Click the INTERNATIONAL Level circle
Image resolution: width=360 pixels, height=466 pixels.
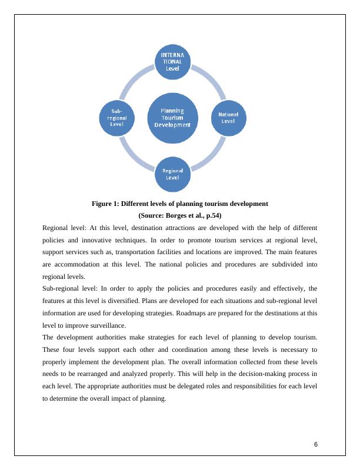click(x=172, y=61)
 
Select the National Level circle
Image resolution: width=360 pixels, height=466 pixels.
click(x=228, y=117)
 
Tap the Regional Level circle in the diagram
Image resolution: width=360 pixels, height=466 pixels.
click(x=172, y=174)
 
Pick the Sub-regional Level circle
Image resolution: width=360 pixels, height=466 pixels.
click(x=116, y=117)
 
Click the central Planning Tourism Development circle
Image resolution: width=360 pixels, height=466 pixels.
click(x=172, y=117)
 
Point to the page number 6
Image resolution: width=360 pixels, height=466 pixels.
click(x=316, y=444)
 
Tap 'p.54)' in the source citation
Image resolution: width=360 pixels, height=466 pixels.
click(x=214, y=215)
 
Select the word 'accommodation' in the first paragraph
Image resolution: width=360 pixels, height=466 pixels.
click(x=76, y=265)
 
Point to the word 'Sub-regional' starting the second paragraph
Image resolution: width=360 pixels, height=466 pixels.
click(x=62, y=288)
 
